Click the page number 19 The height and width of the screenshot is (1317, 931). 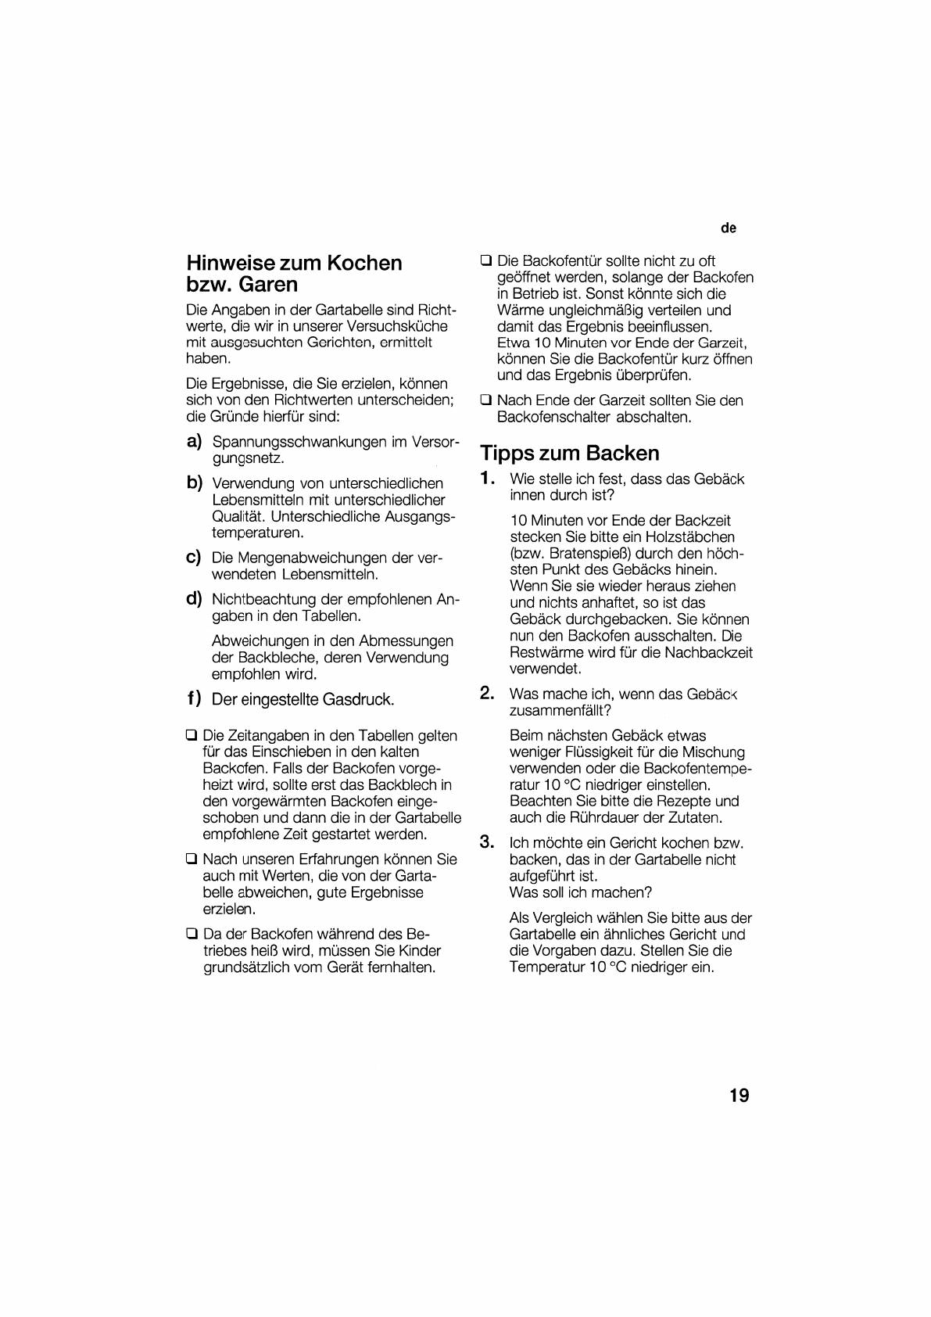739,1095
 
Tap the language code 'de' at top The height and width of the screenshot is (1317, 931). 729,228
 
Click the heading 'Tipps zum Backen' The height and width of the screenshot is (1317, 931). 570,453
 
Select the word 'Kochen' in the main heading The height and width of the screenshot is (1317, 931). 364,263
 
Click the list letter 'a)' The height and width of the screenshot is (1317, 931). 194,441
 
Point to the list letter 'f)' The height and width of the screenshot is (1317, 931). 194,698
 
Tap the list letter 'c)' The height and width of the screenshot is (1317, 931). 194,558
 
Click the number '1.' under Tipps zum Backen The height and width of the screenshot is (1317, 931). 488,478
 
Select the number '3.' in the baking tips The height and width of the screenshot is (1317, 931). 487,842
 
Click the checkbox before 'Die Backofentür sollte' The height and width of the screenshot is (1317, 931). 486,260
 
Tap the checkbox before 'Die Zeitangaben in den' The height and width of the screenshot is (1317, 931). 192,735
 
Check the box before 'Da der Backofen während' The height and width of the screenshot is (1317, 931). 192,934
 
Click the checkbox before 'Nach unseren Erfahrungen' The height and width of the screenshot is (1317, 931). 192,859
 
